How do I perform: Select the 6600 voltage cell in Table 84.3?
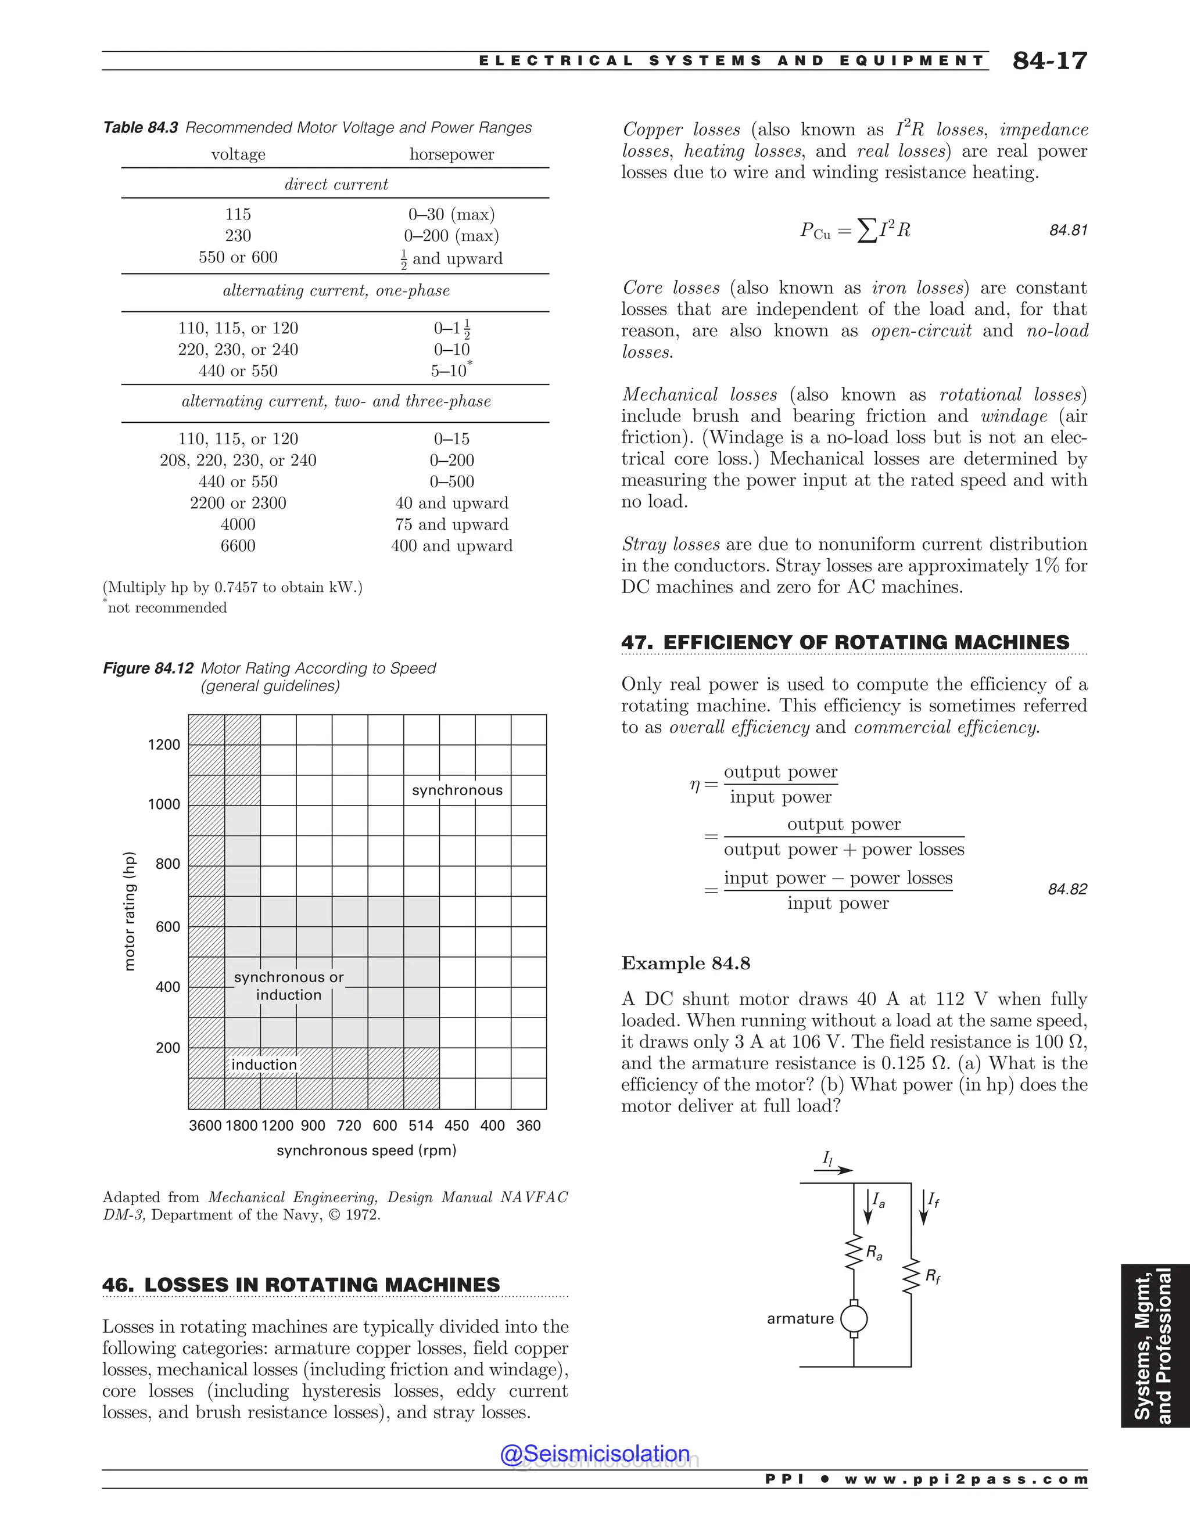tap(238, 545)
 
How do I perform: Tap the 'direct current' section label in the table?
tap(336, 184)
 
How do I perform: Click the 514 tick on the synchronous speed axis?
tap(421, 1126)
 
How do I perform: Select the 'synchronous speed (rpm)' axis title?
tap(366, 1150)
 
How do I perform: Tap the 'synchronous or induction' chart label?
tap(288, 986)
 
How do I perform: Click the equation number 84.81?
tap(1067, 231)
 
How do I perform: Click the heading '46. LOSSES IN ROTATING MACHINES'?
tap(301, 1285)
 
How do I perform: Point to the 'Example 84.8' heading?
tap(685, 963)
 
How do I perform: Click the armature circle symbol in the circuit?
tap(854, 1318)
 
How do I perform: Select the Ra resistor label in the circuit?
tap(873, 1252)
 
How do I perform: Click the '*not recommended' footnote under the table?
tap(166, 607)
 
